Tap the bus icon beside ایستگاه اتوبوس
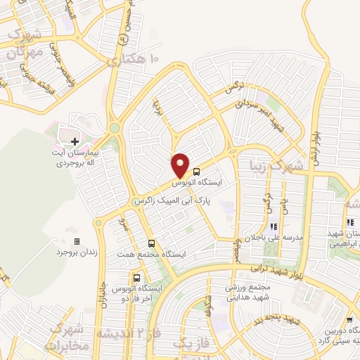coord(196,171)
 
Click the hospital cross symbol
coord(75,142)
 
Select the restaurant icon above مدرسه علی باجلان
coord(274,227)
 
